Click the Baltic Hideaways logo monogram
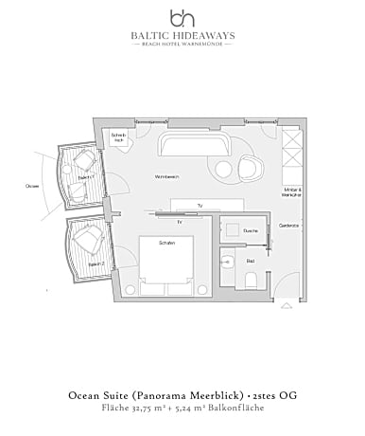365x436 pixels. click(182, 17)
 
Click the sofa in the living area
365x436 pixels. click(193, 148)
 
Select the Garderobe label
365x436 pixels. click(289, 225)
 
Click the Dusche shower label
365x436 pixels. click(251, 230)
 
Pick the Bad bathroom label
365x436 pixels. click(251, 260)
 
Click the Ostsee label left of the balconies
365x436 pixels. click(32, 186)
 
